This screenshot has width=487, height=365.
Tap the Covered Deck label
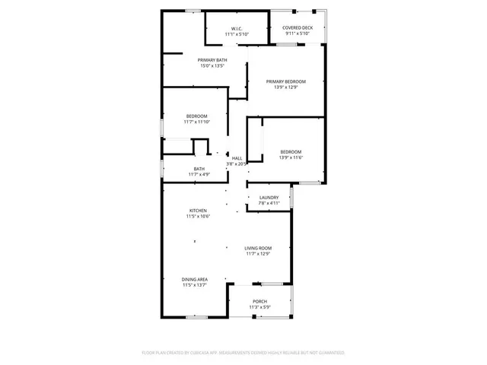point(298,27)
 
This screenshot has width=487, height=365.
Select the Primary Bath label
point(212,60)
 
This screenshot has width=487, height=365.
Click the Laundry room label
point(269,198)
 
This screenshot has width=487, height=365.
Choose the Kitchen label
point(198,211)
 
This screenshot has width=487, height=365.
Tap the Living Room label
point(258,248)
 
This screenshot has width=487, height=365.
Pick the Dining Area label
point(196,279)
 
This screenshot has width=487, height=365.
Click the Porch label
point(259,301)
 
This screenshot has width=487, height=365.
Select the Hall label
point(237,158)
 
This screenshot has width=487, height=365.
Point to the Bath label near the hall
point(199,169)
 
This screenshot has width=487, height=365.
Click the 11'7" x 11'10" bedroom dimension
point(196,122)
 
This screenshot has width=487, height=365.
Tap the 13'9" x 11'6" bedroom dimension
point(290,157)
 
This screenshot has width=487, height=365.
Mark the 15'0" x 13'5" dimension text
point(212,65)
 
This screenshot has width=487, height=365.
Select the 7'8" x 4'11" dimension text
point(269,203)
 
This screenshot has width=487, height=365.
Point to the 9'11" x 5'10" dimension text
point(298,33)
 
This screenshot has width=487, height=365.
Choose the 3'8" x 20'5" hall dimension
point(237,163)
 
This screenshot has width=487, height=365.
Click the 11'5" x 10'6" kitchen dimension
point(198,217)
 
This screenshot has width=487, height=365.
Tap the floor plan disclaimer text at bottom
point(243,353)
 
